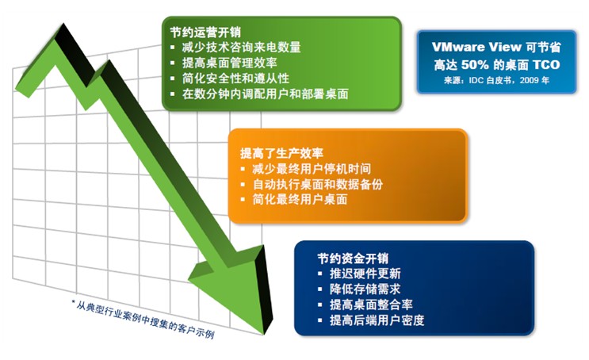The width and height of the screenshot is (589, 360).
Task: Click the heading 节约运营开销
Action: [x=205, y=32]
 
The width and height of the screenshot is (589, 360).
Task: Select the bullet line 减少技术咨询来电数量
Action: [x=242, y=48]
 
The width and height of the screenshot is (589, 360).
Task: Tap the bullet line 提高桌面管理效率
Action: [x=230, y=63]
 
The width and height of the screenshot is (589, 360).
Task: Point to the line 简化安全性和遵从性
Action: [x=235, y=79]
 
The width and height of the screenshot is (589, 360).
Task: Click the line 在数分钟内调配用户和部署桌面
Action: [x=266, y=94]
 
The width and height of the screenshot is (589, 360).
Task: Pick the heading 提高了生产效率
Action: [x=281, y=153]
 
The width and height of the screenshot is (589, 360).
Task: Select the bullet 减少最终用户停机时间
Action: [x=312, y=169]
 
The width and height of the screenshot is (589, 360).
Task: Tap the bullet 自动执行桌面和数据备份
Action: [x=317, y=184]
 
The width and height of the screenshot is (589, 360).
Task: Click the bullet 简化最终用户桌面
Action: [x=300, y=199]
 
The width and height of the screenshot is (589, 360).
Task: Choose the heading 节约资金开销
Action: [x=353, y=259]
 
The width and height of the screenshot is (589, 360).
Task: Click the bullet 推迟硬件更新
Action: [x=365, y=274]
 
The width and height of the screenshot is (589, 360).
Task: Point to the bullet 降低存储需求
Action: [x=365, y=289]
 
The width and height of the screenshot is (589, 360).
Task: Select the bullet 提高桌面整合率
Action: [x=371, y=304]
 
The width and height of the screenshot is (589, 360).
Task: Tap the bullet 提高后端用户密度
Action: [x=377, y=320]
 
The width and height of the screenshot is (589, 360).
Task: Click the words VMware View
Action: [x=476, y=47]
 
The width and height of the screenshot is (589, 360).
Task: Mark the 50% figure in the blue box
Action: [x=475, y=65]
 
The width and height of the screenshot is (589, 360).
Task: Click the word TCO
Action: [x=546, y=65]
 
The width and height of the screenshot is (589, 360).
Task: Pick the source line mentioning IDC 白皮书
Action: [x=496, y=80]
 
